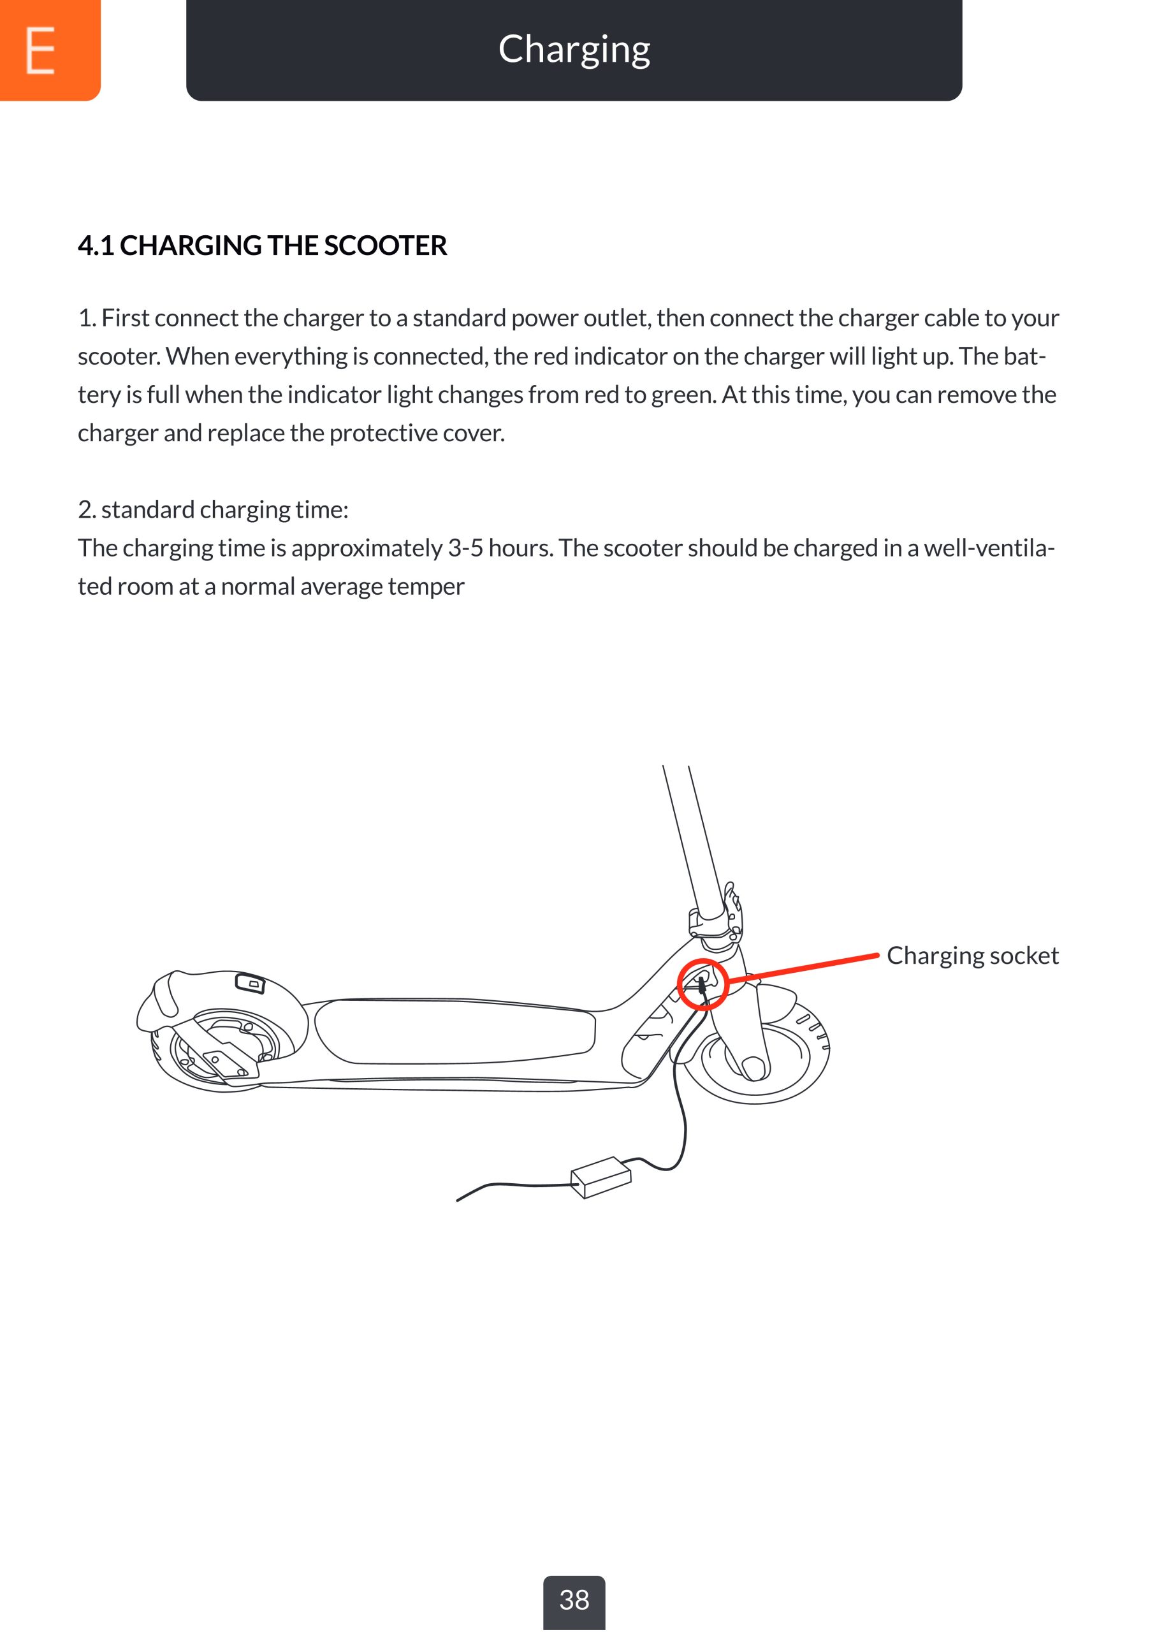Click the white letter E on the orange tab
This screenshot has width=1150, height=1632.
pyautogui.click(x=41, y=50)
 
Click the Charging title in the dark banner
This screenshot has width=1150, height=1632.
pyautogui.click(x=574, y=50)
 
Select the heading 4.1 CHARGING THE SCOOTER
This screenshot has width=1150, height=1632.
pyautogui.click(x=262, y=245)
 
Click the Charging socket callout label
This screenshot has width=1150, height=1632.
pyautogui.click(x=972, y=956)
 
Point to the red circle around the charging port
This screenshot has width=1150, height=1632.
pyautogui.click(x=702, y=984)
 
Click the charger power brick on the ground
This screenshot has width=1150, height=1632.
pyautogui.click(x=601, y=1176)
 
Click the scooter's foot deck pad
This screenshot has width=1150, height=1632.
pyautogui.click(x=455, y=1031)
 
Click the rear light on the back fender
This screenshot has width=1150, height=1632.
pyautogui.click(x=250, y=983)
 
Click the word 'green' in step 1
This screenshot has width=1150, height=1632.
pyautogui.click(x=683, y=395)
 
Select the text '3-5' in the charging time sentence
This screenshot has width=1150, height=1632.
pyautogui.click(x=465, y=548)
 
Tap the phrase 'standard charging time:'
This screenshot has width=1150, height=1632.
pyautogui.click(x=224, y=509)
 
